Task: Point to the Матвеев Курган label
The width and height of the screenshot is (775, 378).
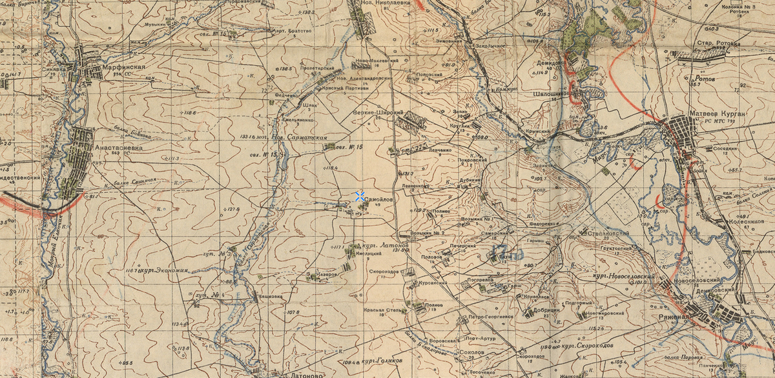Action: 717,114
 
